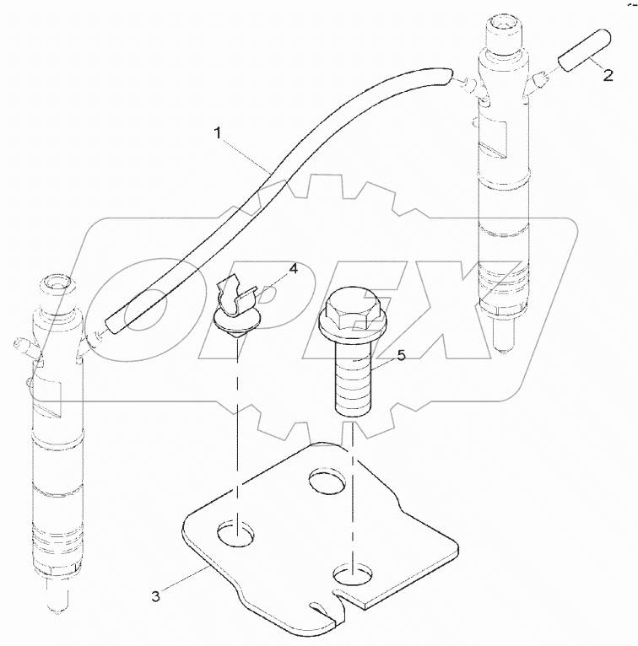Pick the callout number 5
(x=401, y=356)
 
